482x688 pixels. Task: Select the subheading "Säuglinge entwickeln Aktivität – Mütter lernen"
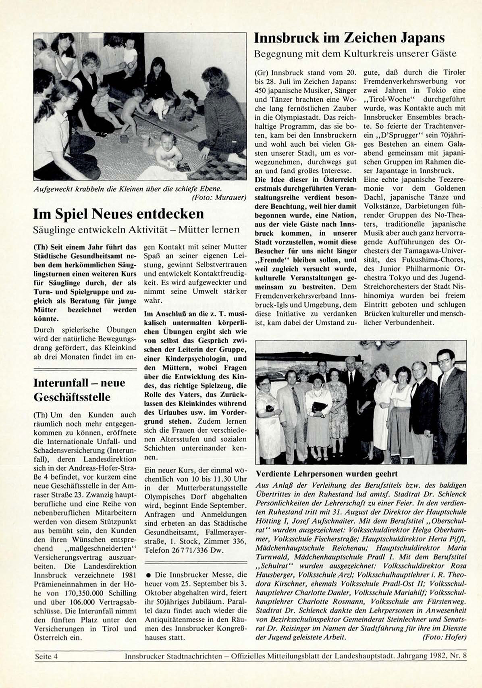pyautogui.click(x=136, y=230)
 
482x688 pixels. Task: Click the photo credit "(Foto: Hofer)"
pyautogui.click(x=444, y=637)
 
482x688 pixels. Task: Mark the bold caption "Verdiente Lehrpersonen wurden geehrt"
pyautogui.click(x=327, y=474)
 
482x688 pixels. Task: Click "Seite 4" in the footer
pyautogui.click(x=46, y=656)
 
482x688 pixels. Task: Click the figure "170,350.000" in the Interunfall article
pyautogui.click(x=85, y=593)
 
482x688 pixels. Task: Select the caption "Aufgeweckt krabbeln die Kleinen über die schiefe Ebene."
pyautogui.click(x=128, y=189)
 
